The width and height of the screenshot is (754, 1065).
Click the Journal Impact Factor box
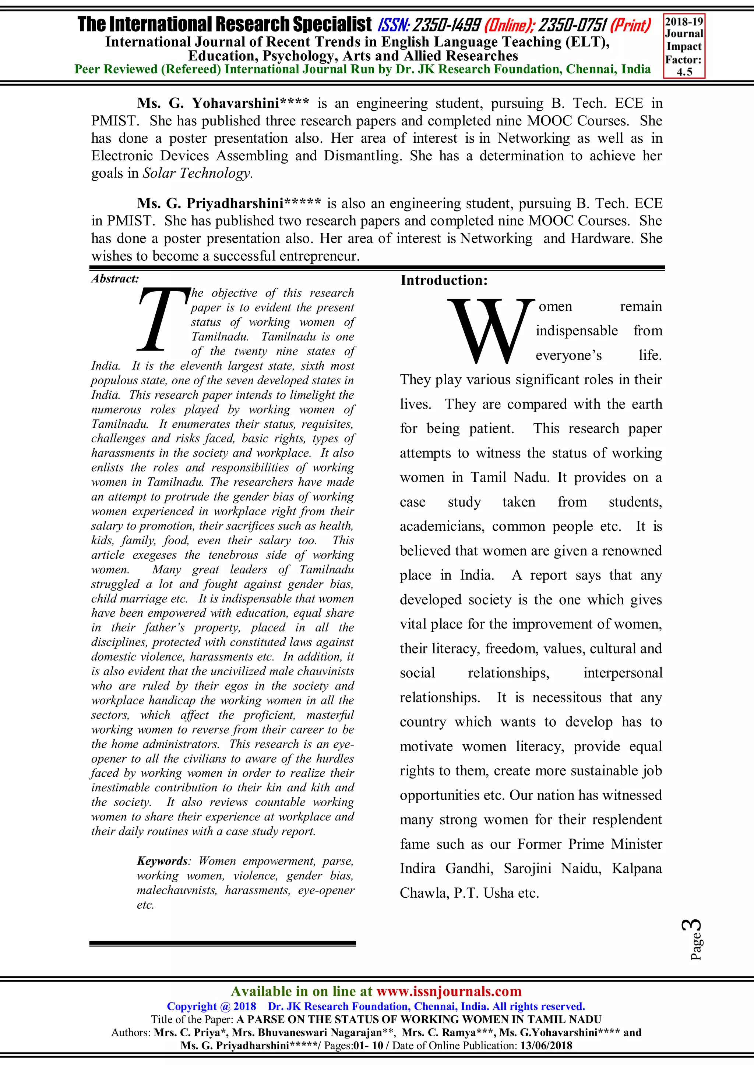click(x=684, y=46)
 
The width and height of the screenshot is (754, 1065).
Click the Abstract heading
click(x=114, y=279)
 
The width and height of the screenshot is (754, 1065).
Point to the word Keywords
click(x=162, y=861)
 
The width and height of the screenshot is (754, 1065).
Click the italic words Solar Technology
click(x=197, y=174)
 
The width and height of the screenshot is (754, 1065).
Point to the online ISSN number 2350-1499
click(x=447, y=25)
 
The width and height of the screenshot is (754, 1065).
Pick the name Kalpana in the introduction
click(x=637, y=868)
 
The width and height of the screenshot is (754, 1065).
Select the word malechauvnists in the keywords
click(x=176, y=890)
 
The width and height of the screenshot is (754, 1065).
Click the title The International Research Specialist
click(x=225, y=24)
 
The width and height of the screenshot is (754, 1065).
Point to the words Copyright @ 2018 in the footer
click(x=211, y=1006)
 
